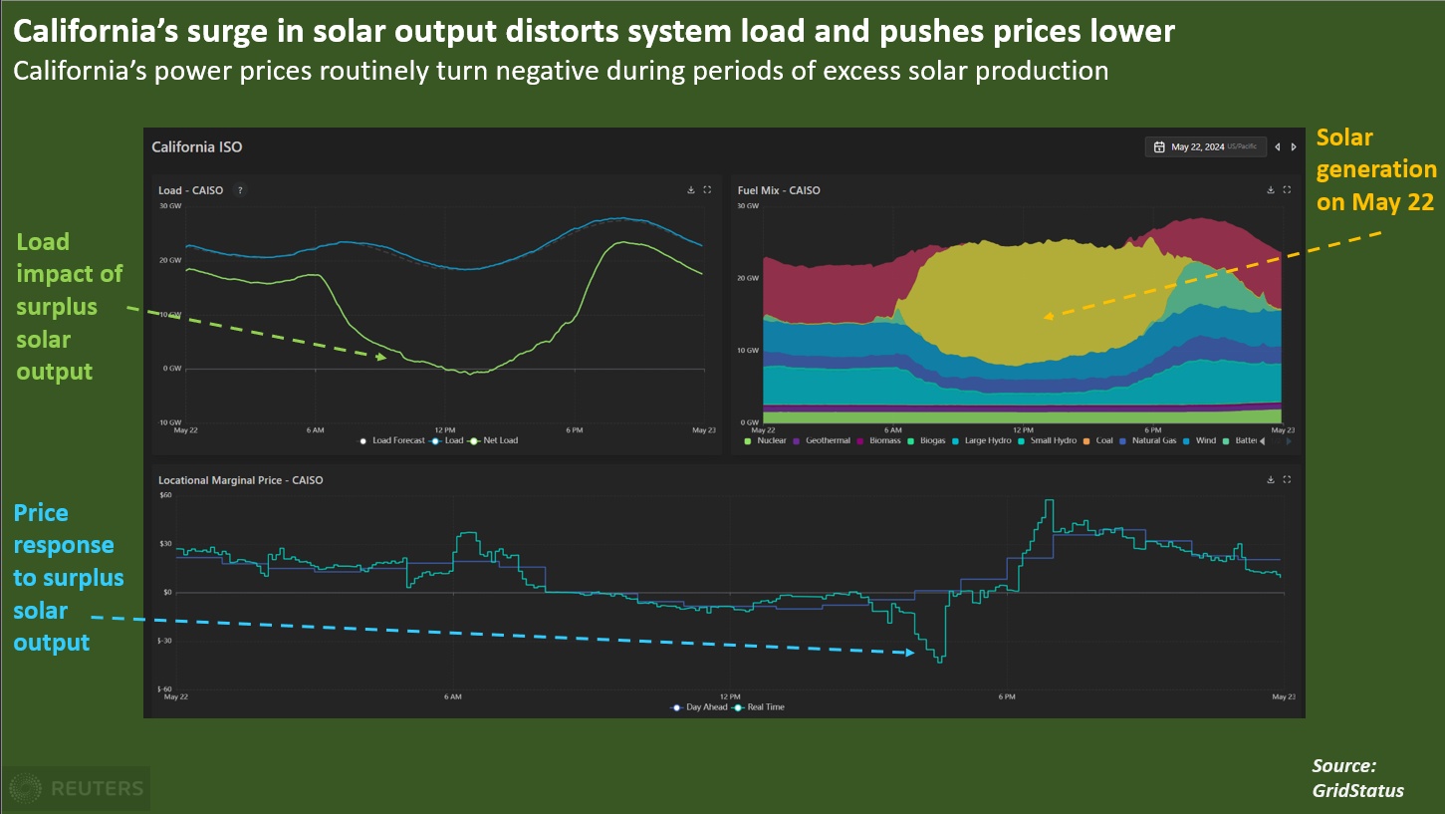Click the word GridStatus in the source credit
pos(1358,790)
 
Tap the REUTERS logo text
pos(96,789)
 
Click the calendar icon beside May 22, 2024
pos(1159,147)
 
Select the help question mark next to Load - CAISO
pos(240,190)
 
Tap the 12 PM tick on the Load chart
pos(444,430)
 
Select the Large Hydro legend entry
pos(987,440)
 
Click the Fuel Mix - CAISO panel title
pos(779,190)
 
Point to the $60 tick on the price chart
pos(165,495)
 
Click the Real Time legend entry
pos(764,707)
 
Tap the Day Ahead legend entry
pos(705,707)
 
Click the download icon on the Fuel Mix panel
pos(1270,189)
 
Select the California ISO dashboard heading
pos(197,147)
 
